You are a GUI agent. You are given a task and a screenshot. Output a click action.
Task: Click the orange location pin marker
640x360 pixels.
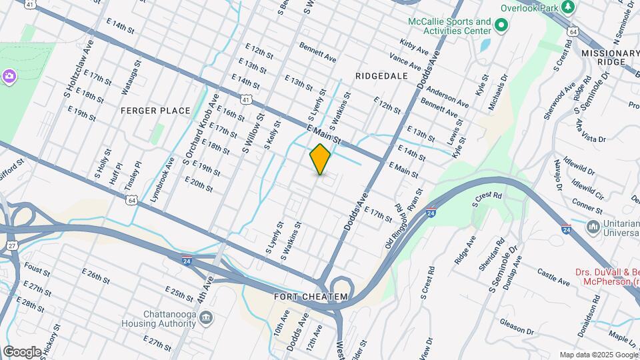coord(320,159)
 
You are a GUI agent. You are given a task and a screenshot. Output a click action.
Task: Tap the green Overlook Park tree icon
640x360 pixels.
coord(567,7)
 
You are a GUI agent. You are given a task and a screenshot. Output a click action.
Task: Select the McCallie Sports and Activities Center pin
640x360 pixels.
coord(501,27)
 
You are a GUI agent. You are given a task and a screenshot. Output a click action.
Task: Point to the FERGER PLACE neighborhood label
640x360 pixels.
coord(155,111)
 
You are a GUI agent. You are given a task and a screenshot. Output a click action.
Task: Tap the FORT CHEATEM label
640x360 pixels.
coord(311,296)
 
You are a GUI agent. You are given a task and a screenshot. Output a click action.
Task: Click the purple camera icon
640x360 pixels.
coord(9,76)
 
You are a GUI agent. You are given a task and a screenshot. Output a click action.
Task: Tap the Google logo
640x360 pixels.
coord(22,351)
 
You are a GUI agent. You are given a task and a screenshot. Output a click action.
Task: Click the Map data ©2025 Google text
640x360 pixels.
coord(598,355)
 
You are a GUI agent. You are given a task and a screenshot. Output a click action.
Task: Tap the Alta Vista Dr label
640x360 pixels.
coord(591,131)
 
